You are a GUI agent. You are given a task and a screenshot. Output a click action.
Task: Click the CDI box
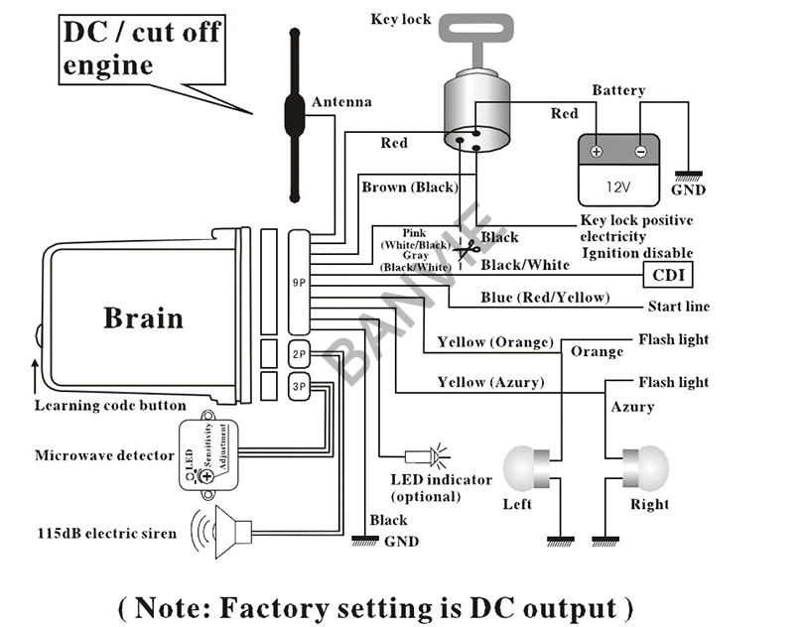point(669,274)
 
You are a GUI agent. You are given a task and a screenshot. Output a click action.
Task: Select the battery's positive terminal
point(597,152)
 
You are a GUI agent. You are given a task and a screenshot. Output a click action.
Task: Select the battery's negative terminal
point(640,152)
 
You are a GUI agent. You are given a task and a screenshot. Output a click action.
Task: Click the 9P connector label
point(299,283)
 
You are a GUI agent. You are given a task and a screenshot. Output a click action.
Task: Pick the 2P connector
point(299,354)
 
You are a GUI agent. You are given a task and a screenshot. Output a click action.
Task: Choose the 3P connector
point(299,386)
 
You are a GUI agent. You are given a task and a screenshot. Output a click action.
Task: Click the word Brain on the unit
point(143,317)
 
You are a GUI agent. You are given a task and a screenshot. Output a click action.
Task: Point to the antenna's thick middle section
point(293,114)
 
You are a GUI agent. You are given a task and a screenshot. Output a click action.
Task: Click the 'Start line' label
point(678,306)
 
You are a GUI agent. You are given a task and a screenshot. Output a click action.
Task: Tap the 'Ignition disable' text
point(636,254)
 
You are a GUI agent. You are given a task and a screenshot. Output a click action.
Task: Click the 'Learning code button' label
point(110,405)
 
